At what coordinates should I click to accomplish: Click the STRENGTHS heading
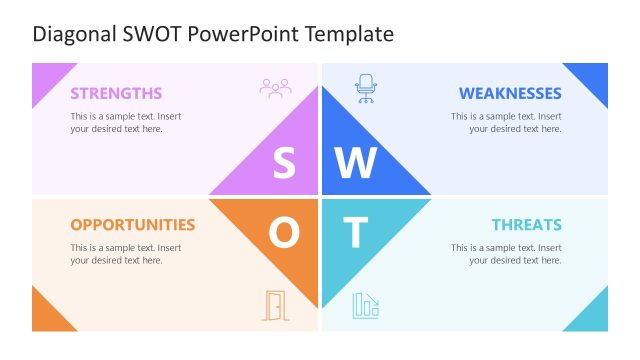pos(116,93)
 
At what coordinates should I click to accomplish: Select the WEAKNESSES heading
pos(510,93)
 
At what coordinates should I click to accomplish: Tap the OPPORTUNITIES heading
pos(132,224)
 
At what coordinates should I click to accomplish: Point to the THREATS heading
pos(526,224)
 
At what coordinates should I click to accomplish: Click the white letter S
pos(285,163)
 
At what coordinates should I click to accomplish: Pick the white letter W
pos(356,163)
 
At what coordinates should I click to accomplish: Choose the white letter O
pos(284,233)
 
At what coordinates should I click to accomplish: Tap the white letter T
pos(356,233)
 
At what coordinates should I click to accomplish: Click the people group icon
pos(275,88)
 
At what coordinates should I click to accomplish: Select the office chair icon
pos(366,88)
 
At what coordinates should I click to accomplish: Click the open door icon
pos(274,305)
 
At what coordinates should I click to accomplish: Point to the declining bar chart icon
pos(365,306)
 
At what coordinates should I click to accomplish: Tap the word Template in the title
pos(350,34)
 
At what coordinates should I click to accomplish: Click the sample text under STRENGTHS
pos(125,122)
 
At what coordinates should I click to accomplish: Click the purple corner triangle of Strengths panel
pos(46,77)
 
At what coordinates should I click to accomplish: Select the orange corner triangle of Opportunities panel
pos(45,315)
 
